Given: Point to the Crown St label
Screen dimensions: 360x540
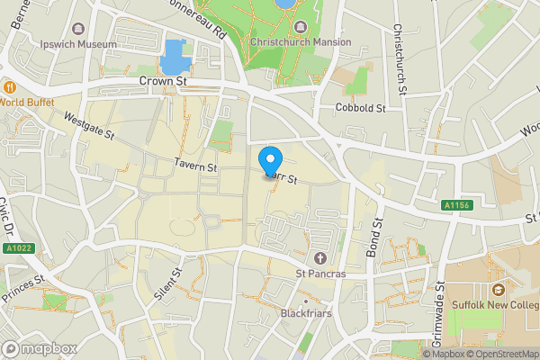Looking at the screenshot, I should (x=162, y=81).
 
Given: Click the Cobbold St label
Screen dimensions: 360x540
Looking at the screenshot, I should (x=360, y=108).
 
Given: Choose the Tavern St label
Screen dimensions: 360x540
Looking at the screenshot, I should (x=196, y=167).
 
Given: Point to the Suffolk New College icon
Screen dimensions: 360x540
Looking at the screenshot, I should (x=497, y=290).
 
